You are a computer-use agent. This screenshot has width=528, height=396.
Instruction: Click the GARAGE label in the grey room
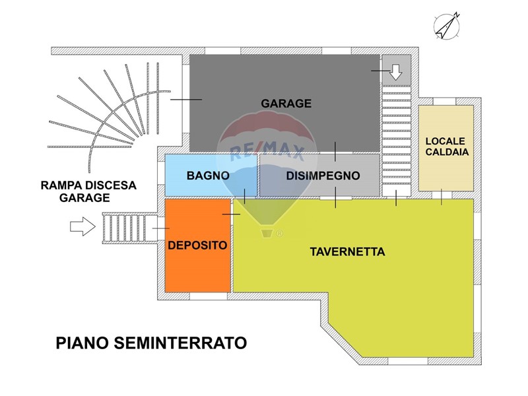[x=286, y=104]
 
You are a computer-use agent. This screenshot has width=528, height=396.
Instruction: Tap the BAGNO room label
[x=208, y=176]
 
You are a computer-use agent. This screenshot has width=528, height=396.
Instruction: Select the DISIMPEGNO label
[x=323, y=176]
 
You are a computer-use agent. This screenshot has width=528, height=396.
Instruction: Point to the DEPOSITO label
[x=197, y=245]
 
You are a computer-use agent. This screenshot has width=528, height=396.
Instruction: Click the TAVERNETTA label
[x=348, y=252]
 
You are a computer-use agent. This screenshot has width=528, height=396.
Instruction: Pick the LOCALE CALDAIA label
[x=447, y=147]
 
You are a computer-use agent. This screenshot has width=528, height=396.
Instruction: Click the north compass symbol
[x=447, y=26]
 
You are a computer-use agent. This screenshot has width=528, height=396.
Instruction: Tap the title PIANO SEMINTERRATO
[x=152, y=343]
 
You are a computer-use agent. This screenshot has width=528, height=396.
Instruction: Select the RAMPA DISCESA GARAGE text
[x=88, y=191]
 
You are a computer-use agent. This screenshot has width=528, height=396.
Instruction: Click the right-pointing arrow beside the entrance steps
[x=82, y=226]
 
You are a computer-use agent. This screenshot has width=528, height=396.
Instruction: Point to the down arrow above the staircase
[x=396, y=72]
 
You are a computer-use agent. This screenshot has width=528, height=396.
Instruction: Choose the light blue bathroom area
[x=211, y=175]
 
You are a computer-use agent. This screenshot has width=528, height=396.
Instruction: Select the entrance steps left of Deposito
[x=129, y=228]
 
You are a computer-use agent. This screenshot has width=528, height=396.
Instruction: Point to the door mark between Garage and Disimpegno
[x=335, y=152]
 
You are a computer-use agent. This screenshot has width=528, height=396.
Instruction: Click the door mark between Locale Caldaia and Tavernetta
[x=442, y=197]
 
